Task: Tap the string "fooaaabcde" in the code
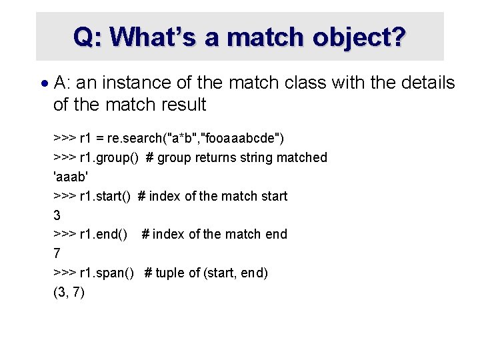pyautogui.click(x=243, y=139)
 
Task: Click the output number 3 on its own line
pyautogui.click(x=57, y=215)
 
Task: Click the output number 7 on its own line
pyautogui.click(x=57, y=253)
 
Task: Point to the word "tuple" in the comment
pyautogui.click(x=171, y=273)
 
